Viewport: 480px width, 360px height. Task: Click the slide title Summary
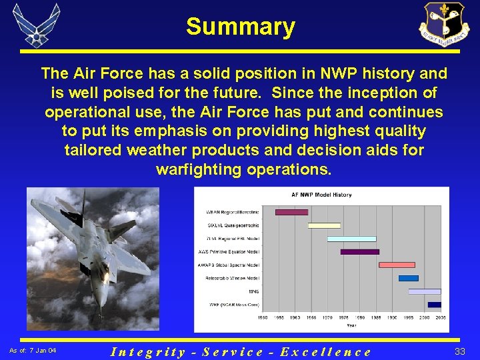[240, 27]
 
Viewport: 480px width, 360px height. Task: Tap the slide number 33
[460, 351]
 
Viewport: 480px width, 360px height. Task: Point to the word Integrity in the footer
[148, 351]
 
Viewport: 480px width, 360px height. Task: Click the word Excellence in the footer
[325, 351]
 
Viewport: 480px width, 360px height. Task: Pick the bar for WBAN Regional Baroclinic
[291, 212]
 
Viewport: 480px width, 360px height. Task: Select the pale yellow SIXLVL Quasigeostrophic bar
[324, 225]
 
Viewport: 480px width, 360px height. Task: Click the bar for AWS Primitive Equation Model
[359, 252]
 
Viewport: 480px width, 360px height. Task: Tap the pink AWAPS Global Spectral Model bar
[397, 265]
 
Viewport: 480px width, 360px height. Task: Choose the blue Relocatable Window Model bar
[408, 278]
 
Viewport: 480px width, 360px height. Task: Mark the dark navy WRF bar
[434, 305]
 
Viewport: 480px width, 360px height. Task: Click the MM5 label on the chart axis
[254, 291]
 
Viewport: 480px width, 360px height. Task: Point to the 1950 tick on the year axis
[263, 317]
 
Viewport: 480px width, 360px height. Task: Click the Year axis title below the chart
[351, 325]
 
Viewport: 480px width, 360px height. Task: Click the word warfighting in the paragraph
[199, 169]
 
